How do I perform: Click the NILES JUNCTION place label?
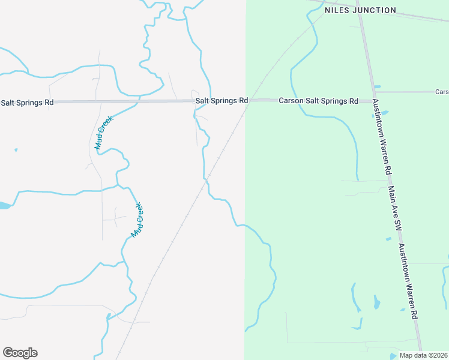pyautogui.click(x=360, y=10)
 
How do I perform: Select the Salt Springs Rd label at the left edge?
pyautogui.click(x=27, y=103)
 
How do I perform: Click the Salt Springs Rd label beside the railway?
pyautogui.click(x=221, y=101)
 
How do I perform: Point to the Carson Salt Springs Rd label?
pyautogui.click(x=318, y=101)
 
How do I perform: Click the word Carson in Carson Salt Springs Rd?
pyautogui.click(x=291, y=101)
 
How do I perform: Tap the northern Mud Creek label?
pyautogui.click(x=103, y=133)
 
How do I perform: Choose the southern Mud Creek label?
pyautogui.click(x=137, y=219)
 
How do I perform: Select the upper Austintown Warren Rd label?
pyautogui.click(x=384, y=137)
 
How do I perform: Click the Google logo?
pyautogui.click(x=20, y=353)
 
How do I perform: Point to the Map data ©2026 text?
pyautogui.click(x=423, y=355)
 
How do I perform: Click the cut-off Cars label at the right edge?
pyautogui.click(x=442, y=92)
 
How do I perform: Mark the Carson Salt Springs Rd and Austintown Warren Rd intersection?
pyautogui.click(x=374, y=100)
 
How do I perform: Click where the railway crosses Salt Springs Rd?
pyautogui.click(x=250, y=100)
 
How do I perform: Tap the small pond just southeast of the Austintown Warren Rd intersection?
pyautogui.click(x=384, y=112)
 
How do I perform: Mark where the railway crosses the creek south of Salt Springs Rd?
pyautogui.click(x=206, y=178)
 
